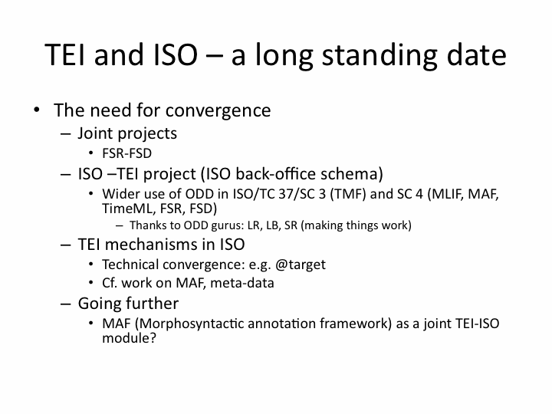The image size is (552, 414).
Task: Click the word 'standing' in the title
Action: tap(379, 55)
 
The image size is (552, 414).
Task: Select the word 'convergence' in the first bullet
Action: tap(218, 111)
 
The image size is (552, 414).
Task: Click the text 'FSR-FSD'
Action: tap(127, 153)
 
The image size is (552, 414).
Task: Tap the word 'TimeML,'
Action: tap(129, 209)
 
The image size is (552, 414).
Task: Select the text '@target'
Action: tap(301, 264)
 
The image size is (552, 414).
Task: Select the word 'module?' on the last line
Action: tap(129, 338)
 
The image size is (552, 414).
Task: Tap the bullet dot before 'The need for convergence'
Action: tap(37, 110)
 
